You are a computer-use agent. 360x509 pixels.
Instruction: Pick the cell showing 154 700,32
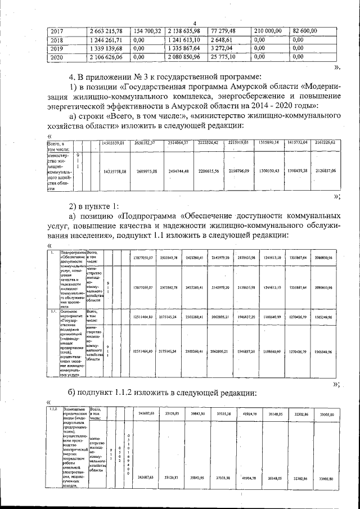point(147,30)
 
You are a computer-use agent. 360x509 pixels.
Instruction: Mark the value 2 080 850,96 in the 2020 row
point(184,57)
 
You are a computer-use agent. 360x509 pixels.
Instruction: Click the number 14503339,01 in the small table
point(116,143)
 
